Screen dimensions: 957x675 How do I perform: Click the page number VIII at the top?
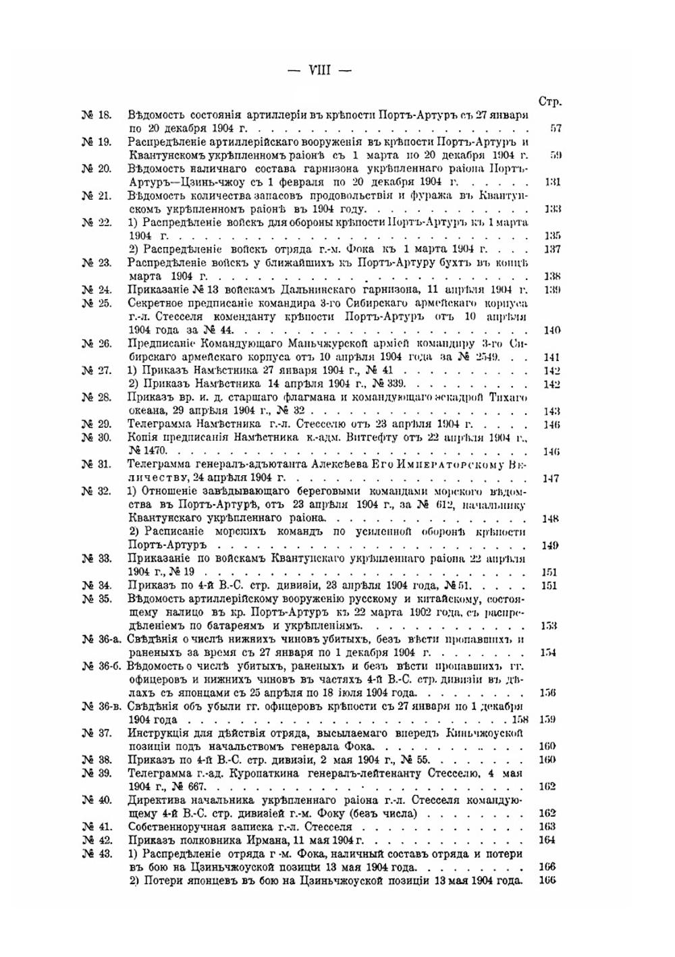tap(319, 70)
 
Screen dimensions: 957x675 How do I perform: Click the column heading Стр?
tap(550, 102)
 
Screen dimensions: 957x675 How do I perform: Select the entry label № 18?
tap(97, 115)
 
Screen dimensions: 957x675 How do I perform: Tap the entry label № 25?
tap(97, 303)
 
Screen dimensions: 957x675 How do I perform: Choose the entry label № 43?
tap(97, 854)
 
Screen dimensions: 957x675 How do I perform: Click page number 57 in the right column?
tap(555, 128)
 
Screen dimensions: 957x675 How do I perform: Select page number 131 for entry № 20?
tap(552, 182)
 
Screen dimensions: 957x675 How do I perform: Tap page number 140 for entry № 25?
tap(551, 330)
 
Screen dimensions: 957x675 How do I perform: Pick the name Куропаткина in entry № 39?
tap(261, 773)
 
